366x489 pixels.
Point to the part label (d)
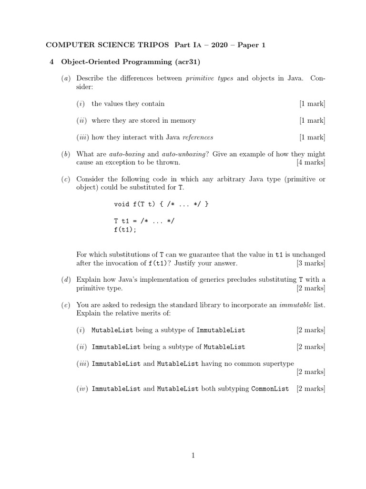66,280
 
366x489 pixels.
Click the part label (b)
66,154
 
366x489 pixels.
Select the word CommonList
270,389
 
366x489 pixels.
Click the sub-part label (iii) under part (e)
83,363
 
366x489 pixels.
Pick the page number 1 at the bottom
193,456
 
